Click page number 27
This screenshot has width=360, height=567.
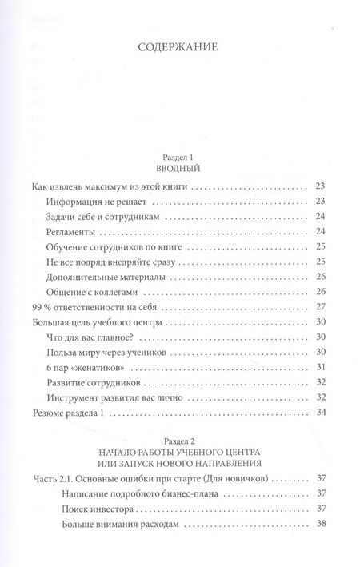click(322, 307)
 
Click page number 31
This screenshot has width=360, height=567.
click(322, 367)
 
